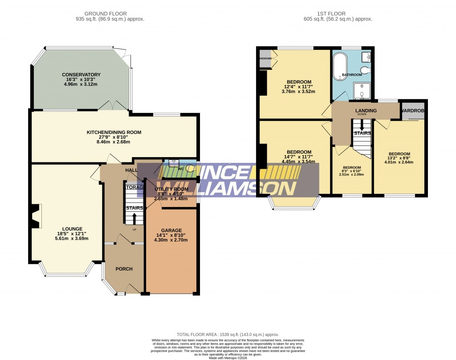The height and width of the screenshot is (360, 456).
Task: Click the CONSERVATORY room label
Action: click(x=81, y=75)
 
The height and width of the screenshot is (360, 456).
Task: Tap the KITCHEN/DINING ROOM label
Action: click(x=114, y=132)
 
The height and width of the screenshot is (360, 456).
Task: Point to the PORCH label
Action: click(x=124, y=269)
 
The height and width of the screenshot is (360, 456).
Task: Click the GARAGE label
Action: click(x=171, y=231)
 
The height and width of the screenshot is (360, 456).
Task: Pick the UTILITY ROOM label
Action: click(x=171, y=189)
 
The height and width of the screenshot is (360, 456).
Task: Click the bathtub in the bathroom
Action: click(x=340, y=67)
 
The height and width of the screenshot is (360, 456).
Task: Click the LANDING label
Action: click(x=366, y=110)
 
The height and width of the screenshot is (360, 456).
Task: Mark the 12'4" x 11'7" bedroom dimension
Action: click(x=298, y=87)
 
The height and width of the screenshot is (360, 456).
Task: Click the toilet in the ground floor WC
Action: click(x=191, y=168)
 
